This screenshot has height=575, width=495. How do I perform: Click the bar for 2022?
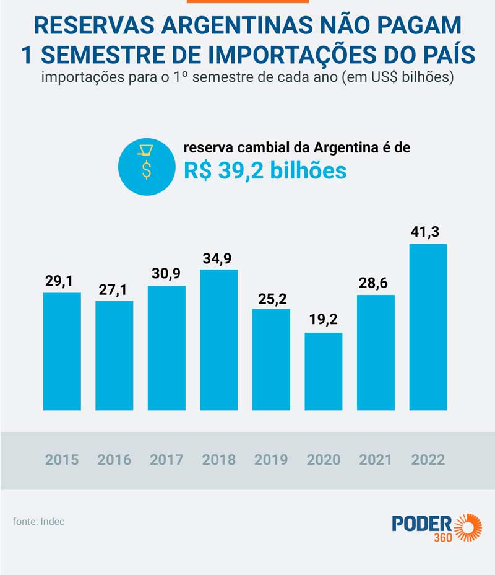click(x=428, y=327)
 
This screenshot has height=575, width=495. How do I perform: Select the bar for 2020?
click(x=324, y=371)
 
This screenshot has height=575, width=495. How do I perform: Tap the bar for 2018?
click(x=219, y=340)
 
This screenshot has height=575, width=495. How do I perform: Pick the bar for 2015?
click(x=62, y=351)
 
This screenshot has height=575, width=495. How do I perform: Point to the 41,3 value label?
click(x=428, y=232)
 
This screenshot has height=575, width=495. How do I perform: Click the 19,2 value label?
click(x=324, y=322)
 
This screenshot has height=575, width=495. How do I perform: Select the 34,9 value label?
click(x=219, y=258)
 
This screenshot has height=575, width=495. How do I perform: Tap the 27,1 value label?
click(x=114, y=289)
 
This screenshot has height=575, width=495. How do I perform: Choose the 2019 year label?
click(x=271, y=460)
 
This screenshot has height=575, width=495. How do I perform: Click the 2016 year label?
click(x=114, y=460)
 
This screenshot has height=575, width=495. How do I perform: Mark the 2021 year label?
click(x=376, y=460)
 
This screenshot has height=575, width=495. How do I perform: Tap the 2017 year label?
click(x=166, y=460)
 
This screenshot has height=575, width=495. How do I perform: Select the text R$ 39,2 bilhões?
click(x=265, y=171)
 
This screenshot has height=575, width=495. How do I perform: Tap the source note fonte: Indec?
click(x=38, y=521)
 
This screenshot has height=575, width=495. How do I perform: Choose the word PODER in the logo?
click(x=422, y=522)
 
